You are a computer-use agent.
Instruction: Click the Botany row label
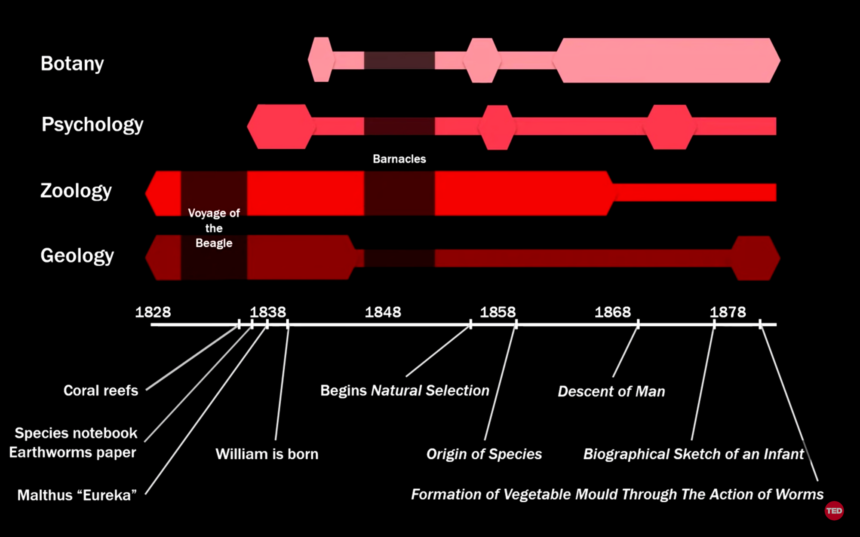pos(72,64)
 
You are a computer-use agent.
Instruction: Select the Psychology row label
pos(92,125)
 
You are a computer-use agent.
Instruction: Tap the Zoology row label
pos(76,191)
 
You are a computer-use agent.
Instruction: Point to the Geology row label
pos(77,256)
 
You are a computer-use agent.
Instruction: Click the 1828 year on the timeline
pos(153,312)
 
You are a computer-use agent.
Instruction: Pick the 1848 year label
pos(383,312)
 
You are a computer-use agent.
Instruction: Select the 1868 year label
pos(613,312)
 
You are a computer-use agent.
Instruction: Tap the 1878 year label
pos(728,312)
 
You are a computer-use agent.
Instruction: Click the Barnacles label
pos(399,159)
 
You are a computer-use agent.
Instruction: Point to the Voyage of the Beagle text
pos(214,228)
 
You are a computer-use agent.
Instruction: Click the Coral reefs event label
pos(101,391)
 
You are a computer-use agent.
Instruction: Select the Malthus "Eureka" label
pos(77,495)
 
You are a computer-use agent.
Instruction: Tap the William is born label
pos(267,454)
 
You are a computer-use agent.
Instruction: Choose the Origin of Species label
pos(484,454)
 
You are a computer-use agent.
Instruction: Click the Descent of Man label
pos(611,391)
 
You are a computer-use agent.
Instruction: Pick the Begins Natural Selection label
pos(405,391)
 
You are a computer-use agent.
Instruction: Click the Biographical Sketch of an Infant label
pos(693,454)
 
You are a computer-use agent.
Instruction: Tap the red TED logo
pos(834,511)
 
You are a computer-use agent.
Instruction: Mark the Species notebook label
pos(76,433)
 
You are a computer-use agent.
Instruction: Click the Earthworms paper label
pos(73,452)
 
